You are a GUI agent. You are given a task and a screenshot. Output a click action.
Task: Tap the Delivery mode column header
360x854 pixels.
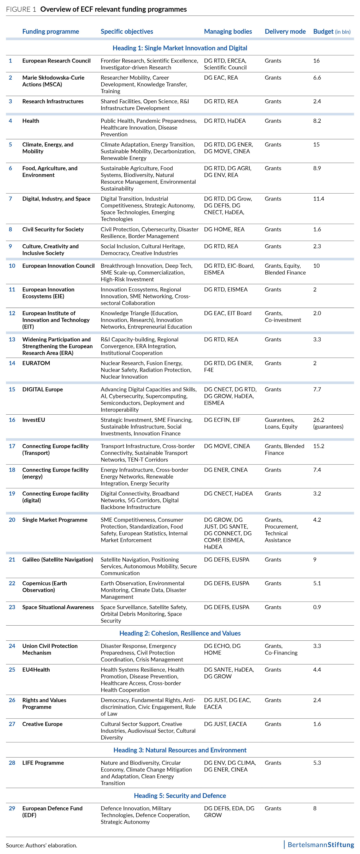point(285,31)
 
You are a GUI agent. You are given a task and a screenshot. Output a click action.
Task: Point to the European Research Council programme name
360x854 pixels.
point(56,61)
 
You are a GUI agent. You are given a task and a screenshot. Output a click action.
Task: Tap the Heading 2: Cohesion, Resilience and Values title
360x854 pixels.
point(180,633)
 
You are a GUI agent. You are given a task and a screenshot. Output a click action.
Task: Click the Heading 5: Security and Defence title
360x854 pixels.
point(180,796)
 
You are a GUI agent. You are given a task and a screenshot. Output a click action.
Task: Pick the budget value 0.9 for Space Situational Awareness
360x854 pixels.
point(317,607)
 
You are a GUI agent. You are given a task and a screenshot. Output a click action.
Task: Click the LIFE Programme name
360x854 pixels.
point(43,763)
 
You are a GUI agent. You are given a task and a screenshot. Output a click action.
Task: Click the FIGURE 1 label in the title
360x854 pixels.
point(21,9)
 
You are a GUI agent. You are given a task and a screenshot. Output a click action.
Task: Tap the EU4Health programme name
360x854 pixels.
point(36,670)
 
